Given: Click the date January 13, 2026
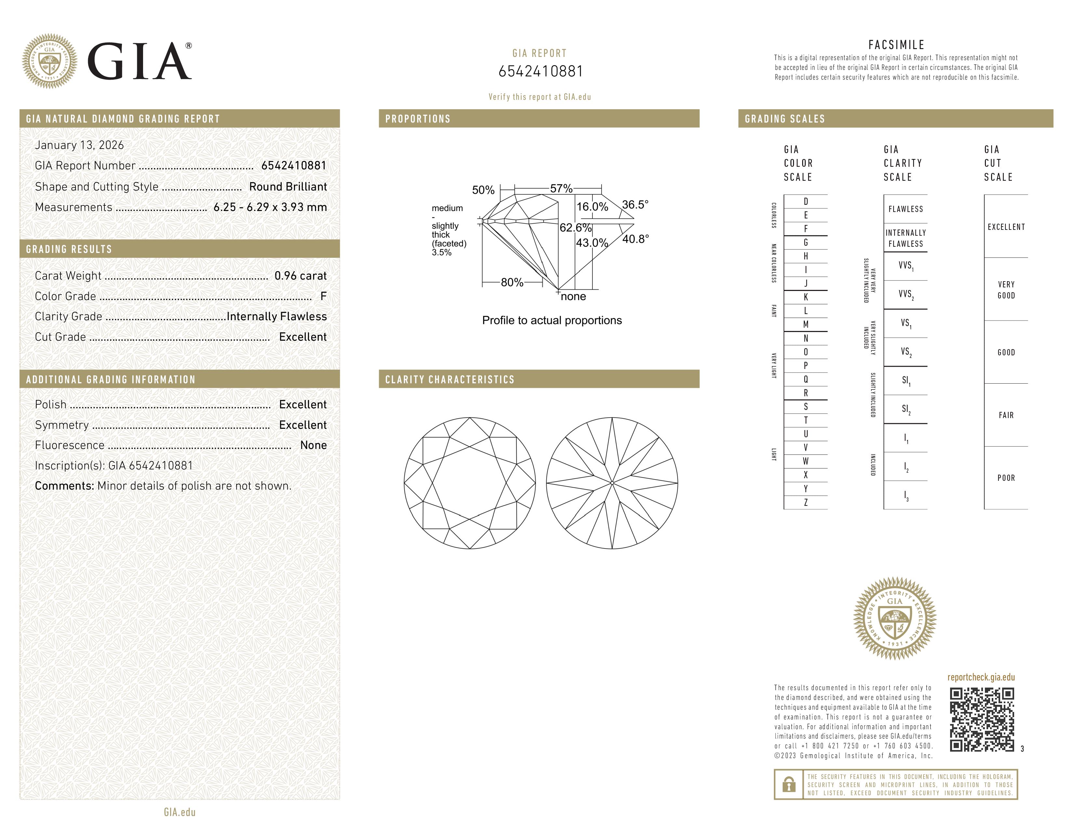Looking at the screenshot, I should click(x=79, y=145).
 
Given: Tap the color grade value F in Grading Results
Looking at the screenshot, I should click(x=323, y=296).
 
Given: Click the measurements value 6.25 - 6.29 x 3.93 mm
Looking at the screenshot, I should click(x=270, y=207).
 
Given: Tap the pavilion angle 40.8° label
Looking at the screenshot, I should click(x=635, y=239).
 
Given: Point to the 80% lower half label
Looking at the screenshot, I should click(x=512, y=283).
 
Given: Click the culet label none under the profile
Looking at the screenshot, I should click(x=573, y=296).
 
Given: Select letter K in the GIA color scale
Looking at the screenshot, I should click(x=805, y=297).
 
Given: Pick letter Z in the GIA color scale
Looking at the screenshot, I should click(x=805, y=502).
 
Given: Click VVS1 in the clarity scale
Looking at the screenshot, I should click(x=906, y=266).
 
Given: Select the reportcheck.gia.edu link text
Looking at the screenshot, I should click(x=981, y=677).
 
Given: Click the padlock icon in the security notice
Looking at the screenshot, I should click(x=788, y=784).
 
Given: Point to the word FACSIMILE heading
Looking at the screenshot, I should click(x=896, y=45).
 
